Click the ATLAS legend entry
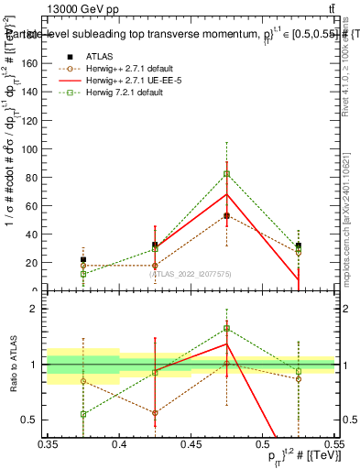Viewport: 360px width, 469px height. pyautogui.click(x=100, y=56)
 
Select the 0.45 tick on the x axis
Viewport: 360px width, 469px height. pyautogui.click(x=191, y=444)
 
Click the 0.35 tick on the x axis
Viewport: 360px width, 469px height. pyautogui.click(x=48, y=444)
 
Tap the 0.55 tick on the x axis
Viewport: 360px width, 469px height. pyautogui.click(x=333, y=444)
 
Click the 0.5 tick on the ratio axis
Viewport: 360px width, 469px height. pyautogui.click(x=37, y=420)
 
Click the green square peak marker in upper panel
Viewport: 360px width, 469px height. pyautogui.click(x=226, y=174)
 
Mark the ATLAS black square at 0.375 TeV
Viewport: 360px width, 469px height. pyautogui.click(x=83, y=260)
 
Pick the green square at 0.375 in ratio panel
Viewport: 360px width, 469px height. pyautogui.click(x=83, y=414)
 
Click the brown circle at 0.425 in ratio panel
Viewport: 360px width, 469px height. pyautogui.click(x=155, y=412)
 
